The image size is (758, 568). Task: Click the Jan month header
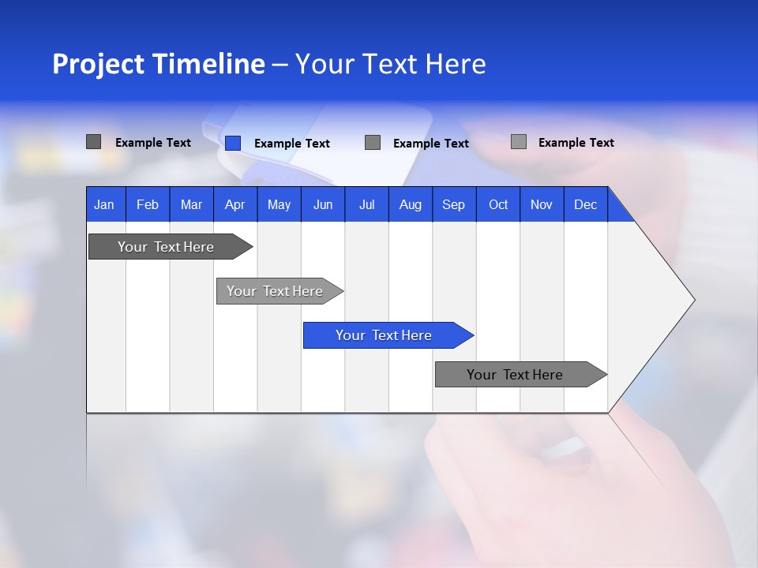point(104,204)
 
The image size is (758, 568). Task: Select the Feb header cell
point(148,204)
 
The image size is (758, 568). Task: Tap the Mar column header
point(191,204)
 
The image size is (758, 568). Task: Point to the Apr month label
point(235,204)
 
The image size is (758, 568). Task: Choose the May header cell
point(279,204)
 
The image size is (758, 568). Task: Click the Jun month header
point(323,204)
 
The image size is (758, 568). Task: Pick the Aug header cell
point(410,204)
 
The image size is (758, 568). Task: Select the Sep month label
point(453,204)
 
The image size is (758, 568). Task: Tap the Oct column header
point(498,204)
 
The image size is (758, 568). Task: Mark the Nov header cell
point(542,204)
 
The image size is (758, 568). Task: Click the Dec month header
point(585,204)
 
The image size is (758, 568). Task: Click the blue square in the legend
point(233,143)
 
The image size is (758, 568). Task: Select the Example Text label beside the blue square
point(291,144)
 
